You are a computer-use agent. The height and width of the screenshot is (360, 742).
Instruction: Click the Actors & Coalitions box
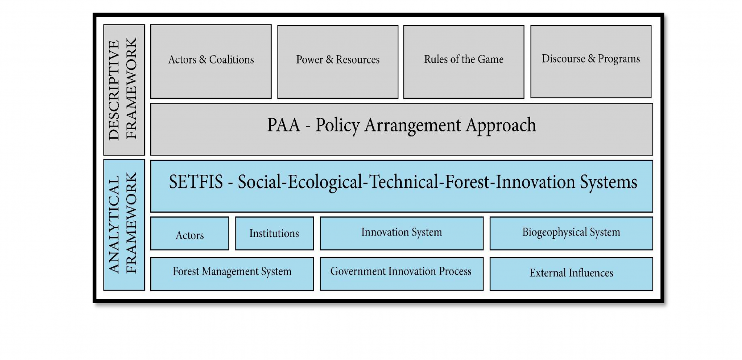pos(211,62)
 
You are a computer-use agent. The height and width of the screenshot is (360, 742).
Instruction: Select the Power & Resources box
pos(338,62)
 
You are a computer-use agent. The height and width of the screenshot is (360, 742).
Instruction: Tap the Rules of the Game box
pos(464,62)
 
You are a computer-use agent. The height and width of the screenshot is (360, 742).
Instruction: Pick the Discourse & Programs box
pos(591,62)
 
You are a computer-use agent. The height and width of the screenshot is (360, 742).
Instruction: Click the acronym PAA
pos(283,125)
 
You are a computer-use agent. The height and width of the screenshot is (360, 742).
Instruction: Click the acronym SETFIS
pos(196,182)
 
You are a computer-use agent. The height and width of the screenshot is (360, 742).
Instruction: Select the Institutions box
pos(275,233)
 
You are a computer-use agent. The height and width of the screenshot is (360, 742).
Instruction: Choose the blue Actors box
pos(190,233)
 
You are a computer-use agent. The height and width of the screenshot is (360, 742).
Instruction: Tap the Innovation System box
pos(402,233)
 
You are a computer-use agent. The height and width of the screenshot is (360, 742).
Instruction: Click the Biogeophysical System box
pos(571,233)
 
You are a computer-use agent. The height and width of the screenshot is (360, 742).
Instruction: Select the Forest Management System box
pos(232,274)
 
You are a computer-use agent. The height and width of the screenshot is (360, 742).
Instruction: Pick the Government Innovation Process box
pos(402,274)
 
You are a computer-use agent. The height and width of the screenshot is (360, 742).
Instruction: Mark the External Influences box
pos(571,274)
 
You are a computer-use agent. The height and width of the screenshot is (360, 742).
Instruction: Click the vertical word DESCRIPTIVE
pos(114,90)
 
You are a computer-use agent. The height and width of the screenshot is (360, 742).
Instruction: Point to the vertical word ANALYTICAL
pos(114,225)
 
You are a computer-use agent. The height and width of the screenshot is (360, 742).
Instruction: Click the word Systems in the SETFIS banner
pos(608,182)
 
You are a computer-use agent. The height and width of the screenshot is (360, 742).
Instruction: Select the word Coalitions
pos(232,59)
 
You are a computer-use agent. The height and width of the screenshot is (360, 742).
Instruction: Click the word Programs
pos(619,59)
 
